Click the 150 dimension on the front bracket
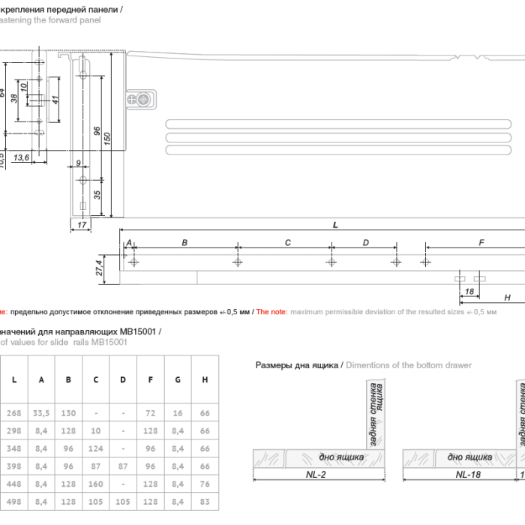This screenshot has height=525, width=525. point(107,139)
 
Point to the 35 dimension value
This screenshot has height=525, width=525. point(97,195)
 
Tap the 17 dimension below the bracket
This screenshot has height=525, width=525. point(81,224)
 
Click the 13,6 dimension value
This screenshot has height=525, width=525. point(22,157)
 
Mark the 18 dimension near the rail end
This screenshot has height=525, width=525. point(469,291)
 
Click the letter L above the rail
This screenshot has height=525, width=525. point(334,225)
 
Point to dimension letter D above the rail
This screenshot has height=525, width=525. point(365,242)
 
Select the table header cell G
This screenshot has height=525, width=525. point(178,379)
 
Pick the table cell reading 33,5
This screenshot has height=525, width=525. point(41,412)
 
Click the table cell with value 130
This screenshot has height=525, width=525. point(68,412)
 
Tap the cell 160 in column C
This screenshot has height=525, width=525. point(95,483)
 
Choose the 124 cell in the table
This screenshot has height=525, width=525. point(95,448)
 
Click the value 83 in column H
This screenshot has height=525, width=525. point(205,501)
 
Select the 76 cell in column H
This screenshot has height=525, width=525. point(205,483)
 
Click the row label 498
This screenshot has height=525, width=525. point(13,501)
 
